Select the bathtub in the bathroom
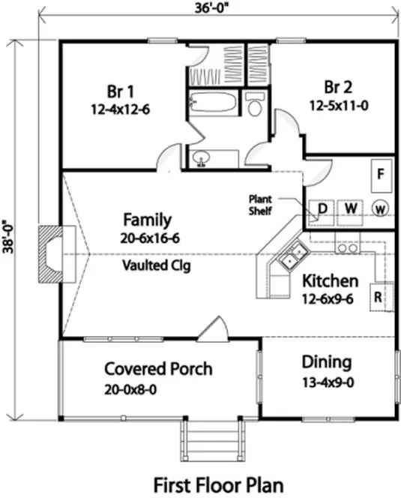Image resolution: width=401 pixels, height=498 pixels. tap(214, 102)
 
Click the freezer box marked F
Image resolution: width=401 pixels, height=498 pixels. tap(381, 175)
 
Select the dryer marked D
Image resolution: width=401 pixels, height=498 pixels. tap(323, 208)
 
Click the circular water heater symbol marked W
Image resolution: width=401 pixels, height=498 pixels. tap(380, 208)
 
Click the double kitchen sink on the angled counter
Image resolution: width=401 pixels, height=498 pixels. tap(292, 256)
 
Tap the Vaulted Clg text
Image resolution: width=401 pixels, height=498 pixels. tap(148, 265)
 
